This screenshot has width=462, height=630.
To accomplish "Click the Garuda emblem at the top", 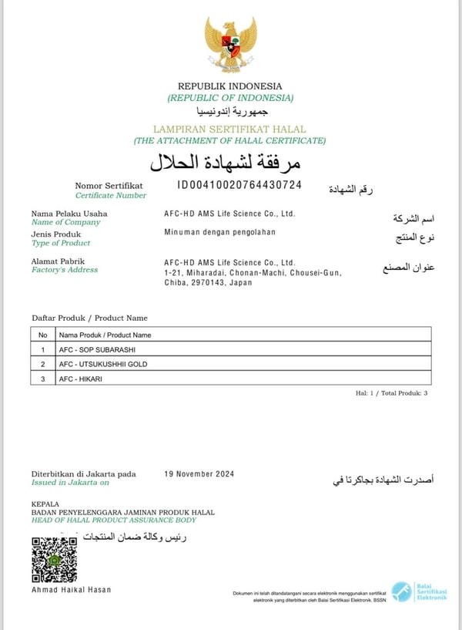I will pos(230,44).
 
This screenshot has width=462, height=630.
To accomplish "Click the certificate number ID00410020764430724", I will pos(239,185).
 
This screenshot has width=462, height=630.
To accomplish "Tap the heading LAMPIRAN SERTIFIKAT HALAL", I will pos(229,130).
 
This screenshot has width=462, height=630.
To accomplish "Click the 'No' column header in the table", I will pos(43,335).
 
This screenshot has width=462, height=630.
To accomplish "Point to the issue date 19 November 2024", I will pos(199,474).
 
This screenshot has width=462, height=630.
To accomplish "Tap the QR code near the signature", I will pos(54,560).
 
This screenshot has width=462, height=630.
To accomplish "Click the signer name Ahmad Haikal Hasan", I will pos(71,590).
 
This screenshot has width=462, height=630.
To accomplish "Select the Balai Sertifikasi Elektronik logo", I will pos(418,591).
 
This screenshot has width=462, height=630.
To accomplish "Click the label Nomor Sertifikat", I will pos(109,186).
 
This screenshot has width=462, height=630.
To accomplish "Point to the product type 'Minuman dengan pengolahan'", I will pos(219,232).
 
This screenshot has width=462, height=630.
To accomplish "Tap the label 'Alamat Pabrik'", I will pos(58,261).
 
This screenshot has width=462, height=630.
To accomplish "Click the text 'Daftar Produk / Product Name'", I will pos(89,318).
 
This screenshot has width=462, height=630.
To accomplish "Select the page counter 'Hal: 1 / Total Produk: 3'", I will pos(391,393).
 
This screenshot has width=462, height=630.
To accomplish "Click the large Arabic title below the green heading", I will pos(225,162).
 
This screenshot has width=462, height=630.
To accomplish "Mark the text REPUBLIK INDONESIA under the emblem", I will pos(229,86).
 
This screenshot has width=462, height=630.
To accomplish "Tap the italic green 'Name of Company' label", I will pos(65,222).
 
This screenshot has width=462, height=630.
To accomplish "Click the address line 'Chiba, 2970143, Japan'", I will pos(208,283).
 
